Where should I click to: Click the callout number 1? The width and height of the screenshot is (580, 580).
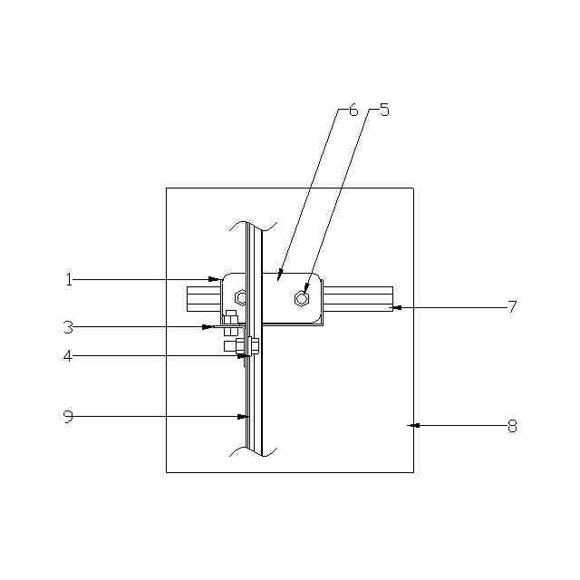click(x=69, y=280)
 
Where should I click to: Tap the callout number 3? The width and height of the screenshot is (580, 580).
click(x=68, y=327)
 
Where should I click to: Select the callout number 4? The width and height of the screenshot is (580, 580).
click(x=68, y=356)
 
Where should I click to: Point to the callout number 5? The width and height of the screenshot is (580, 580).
click(x=384, y=110)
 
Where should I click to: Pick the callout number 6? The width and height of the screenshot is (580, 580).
click(x=353, y=110)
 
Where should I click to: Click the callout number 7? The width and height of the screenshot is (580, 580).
click(x=512, y=306)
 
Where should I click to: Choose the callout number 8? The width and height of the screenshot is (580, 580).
click(x=512, y=427)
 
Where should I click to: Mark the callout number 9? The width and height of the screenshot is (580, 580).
click(x=69, y=417)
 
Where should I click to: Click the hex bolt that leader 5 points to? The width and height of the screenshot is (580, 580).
click(x=302, y=298)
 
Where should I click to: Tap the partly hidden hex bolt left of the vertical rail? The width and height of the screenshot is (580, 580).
click(x=240, y=297)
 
